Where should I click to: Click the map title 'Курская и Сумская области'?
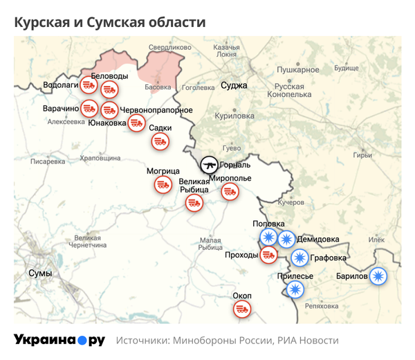click(x=110, y=22)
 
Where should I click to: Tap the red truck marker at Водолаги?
click(x=88, y=85)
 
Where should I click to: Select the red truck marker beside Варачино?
click(x=89, y=109)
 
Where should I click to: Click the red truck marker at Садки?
click(x=160, y=141)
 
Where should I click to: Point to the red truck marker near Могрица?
click(x=163, y=185)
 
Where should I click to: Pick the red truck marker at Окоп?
click(x=242, y=309)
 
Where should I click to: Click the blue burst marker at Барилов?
click(x=378, y=276)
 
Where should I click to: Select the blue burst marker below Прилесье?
click(x=295, y=289)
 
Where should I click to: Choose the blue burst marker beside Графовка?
click(x=299, y=258)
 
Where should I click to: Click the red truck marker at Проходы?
click(x=268, y=255)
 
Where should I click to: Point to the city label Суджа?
click(x=234, y=86)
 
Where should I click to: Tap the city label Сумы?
click(x=40, y=273)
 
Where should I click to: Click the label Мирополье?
click(x=232, y=179)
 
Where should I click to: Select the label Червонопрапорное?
click(x=156, y=111)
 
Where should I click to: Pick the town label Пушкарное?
click(x=297, y=70)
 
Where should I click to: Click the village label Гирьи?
click(x=362, y=155)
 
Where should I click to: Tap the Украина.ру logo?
click(x=59, y=340)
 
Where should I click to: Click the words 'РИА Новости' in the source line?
click(x=308, y=341)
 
